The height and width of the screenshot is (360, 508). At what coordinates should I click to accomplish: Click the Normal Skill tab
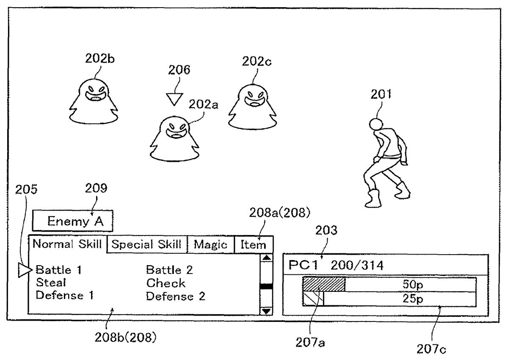click(67, 244)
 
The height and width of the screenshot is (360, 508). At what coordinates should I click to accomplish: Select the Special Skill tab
click(146, 244)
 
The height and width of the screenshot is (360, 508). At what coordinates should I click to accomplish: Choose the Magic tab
click(210, 244)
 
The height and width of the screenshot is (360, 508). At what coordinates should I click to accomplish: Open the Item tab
click(253, 244)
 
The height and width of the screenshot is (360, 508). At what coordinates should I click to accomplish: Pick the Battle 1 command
click(58, 269)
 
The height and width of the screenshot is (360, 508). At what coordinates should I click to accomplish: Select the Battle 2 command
click(169, 269)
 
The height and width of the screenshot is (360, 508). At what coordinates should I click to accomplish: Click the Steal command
click(51, 282)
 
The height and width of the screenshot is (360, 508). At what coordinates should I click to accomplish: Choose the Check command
click(166, 282)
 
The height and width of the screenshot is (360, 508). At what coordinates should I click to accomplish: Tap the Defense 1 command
click(64, 296)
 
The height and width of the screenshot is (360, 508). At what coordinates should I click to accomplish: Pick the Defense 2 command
click(175, 296)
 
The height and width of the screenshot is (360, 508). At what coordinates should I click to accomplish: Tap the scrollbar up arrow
click(266, 258)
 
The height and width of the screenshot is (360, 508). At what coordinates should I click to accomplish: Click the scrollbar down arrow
click(266, 310)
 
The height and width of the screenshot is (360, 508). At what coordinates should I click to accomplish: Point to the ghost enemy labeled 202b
click(93, 102)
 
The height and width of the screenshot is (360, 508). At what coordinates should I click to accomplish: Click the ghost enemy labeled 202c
click(253, 106)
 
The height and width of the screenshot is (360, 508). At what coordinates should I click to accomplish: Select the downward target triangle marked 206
click(173, 99)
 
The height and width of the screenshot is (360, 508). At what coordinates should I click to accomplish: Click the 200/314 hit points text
click(357, 266)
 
